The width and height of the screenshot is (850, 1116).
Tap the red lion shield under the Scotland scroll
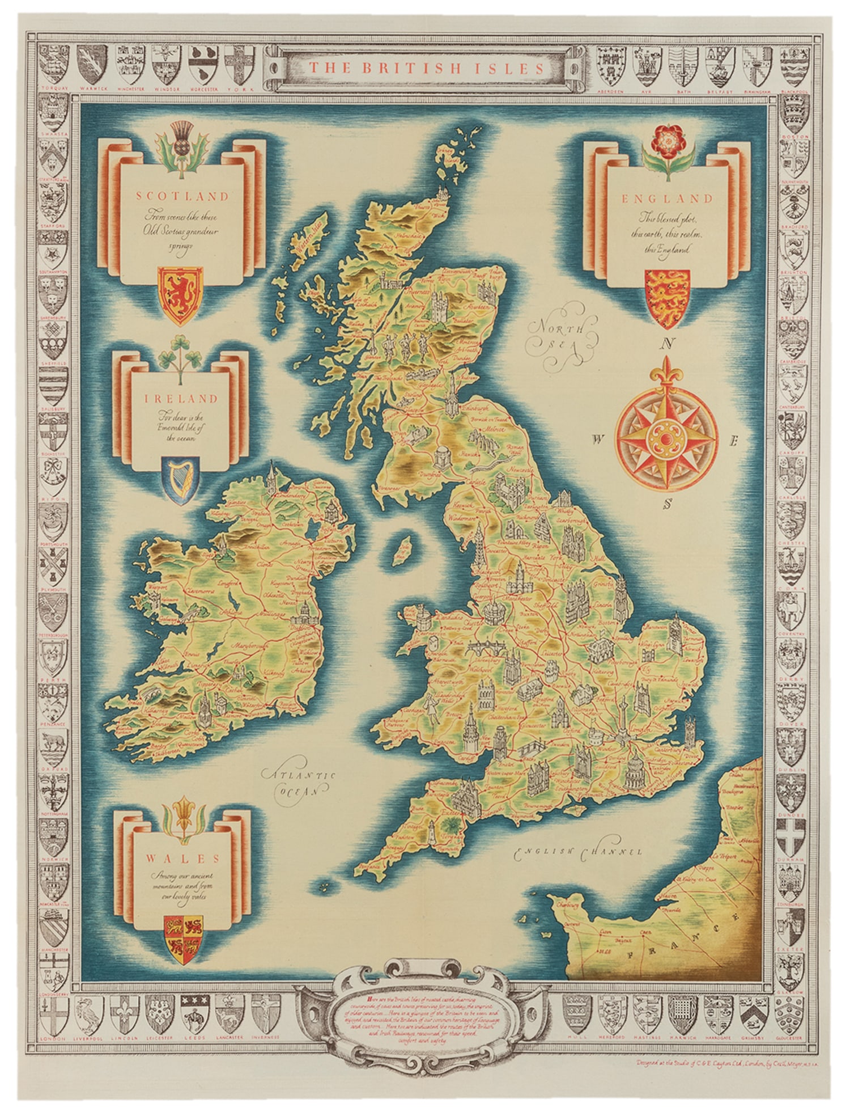click(180, 295)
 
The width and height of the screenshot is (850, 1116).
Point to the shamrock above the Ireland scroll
click(180, 357)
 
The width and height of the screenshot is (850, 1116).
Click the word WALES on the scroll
click(180, 858)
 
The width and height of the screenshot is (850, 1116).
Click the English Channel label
click(578, 851)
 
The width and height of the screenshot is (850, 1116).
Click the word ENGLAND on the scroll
click(667, 198)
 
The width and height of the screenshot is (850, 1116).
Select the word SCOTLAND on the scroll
click(182, 196)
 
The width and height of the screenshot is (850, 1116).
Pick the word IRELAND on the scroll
click(181, 399)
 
